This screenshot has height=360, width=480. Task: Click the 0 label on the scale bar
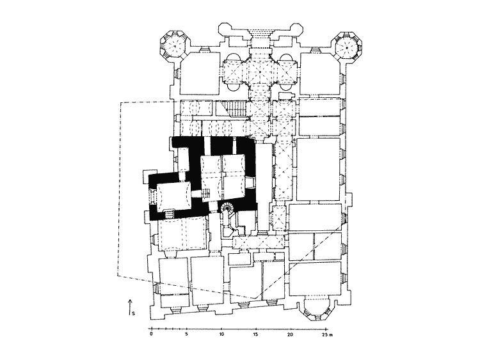[x=151, y=334]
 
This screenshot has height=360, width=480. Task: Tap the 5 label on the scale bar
[x=186, y=334]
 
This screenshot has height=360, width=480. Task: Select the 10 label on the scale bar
[x=221, y=334]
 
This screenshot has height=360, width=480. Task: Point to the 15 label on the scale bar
[x=256, y=334]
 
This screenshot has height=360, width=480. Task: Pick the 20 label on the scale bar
[x=291, y=334]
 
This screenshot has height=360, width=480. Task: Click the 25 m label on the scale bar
[x=327, y=334]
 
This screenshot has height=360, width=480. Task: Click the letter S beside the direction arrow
[x=134, y=313]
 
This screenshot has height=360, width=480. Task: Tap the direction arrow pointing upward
[x=130, y=307]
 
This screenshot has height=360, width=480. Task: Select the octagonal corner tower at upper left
[x=174, y=46]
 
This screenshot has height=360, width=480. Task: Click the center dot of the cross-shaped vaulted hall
[x=260, y=71]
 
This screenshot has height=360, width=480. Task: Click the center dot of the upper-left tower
[x=174, y=46]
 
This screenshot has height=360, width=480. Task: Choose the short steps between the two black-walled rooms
[x=206, y=193]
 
